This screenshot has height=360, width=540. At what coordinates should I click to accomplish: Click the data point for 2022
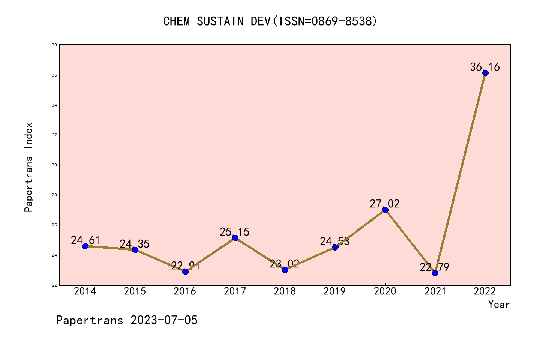tap(485, 73)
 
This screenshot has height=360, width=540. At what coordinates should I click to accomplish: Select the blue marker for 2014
tap(85, 246)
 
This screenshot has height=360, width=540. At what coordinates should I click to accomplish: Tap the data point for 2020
tap(385, 210)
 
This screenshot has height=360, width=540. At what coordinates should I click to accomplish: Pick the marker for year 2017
tap(235, 238)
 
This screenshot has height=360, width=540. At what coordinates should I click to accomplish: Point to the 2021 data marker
tap(435, 273)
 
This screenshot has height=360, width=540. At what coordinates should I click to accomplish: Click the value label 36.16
tap(485, 67)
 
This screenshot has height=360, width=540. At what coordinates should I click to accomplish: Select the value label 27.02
tap(385, 204)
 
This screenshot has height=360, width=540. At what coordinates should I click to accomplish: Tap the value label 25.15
tap(235, 232)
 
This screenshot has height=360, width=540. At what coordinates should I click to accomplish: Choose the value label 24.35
tap(135, 244)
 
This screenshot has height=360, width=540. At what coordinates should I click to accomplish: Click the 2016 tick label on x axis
tap(185, 291)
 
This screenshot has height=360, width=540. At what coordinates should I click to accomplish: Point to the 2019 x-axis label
tap(335, 291)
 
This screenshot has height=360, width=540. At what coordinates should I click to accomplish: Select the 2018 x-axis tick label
tap(285, 291)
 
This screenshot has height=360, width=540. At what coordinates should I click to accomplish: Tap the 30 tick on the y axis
tap(54, 165)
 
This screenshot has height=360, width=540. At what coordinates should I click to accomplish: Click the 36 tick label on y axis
tap(54, 75)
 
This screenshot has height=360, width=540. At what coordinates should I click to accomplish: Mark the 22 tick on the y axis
tap(54, 285)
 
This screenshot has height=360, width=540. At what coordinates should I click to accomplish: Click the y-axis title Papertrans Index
tap(29, 167)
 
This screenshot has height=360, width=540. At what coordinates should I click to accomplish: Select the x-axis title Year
tap(499, 304)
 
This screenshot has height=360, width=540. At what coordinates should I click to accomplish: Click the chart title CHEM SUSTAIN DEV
tap(270, 21)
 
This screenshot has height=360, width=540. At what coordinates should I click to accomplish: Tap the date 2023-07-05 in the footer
tap(164, 320)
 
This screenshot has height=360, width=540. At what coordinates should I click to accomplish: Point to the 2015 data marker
tap(135, 250)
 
